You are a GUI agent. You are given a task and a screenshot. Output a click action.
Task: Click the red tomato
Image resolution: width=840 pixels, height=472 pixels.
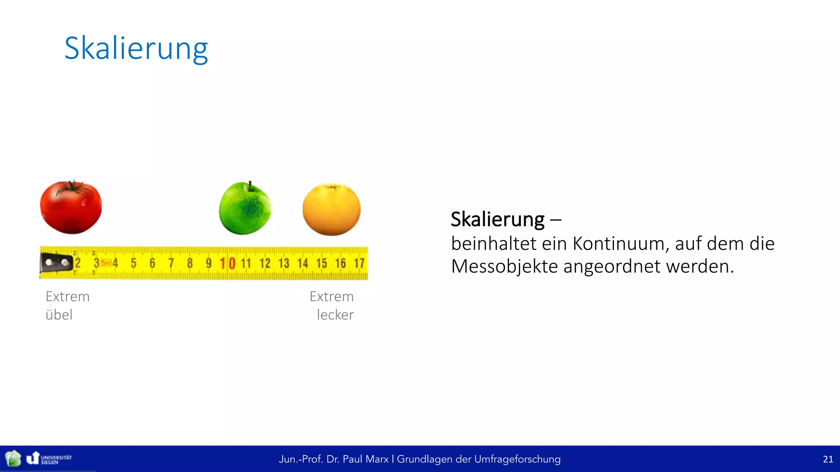[71, 208]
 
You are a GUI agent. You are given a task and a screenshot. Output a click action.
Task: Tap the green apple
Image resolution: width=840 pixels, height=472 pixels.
[245, 209]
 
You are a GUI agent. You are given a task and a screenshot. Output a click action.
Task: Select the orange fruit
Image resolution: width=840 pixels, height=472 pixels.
[331, 210]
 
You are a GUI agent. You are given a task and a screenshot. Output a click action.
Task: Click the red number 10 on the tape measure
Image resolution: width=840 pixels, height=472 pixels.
[227, 263]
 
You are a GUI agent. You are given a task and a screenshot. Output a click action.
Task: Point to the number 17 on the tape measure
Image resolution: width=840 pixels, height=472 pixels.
[359, 263]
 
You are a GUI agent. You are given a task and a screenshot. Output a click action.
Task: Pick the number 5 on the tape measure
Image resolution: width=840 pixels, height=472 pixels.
[133, 263]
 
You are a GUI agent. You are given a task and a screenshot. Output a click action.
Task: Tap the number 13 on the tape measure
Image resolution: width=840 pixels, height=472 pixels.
[284, 263]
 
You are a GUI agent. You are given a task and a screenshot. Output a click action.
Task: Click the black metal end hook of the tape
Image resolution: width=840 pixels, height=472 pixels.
[56, 263]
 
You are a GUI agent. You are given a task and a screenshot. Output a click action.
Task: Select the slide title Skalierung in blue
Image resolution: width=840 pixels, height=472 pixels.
[136, 48]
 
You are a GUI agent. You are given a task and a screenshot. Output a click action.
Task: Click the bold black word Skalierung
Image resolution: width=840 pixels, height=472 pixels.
[498, 219]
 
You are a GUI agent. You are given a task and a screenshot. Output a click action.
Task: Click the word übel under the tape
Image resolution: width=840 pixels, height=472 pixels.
[59, 315]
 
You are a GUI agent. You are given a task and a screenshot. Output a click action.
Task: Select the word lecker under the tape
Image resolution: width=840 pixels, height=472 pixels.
[335, 315]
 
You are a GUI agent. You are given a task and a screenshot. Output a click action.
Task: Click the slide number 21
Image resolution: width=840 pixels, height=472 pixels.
[828, 459]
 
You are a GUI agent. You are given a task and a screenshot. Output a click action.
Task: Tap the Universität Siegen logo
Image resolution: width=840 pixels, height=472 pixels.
[49, 458]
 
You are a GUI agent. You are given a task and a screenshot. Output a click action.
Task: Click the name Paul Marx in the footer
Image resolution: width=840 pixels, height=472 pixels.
[365, 459]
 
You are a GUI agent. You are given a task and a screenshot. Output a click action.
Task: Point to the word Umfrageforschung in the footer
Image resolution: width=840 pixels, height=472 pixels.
[517, 459]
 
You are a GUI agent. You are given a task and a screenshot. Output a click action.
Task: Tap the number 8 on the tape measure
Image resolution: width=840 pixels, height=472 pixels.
[189, 263]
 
